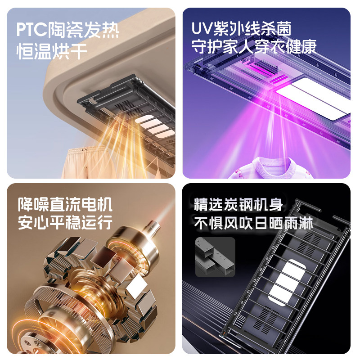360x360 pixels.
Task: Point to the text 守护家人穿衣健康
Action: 254,47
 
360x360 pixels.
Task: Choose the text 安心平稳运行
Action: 65,222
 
